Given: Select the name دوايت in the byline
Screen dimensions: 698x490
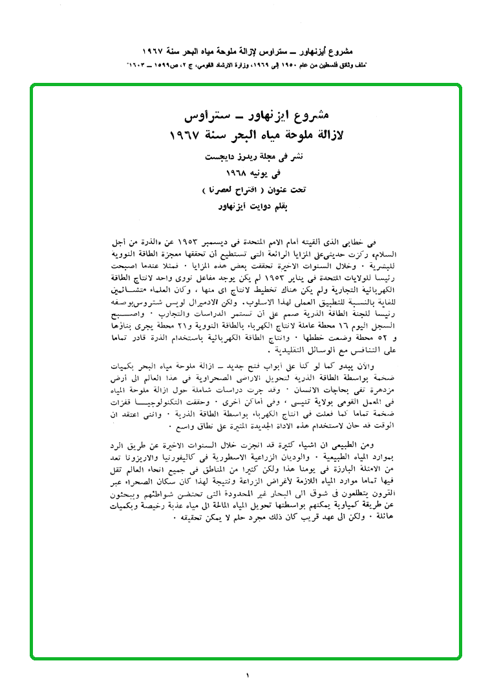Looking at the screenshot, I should (x=257, y=207).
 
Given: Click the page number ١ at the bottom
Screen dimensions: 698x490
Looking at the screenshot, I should (x=246, y=676).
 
